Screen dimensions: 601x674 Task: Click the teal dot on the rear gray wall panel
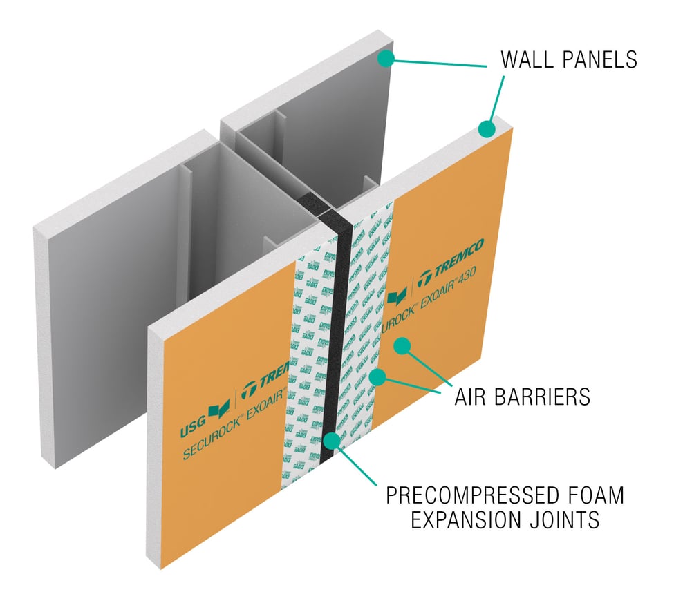pos(386,59)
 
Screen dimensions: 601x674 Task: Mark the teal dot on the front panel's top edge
pos(487,128)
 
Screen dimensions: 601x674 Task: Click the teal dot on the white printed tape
pos(377,376)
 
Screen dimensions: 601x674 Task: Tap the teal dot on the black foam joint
pos(335,439)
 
